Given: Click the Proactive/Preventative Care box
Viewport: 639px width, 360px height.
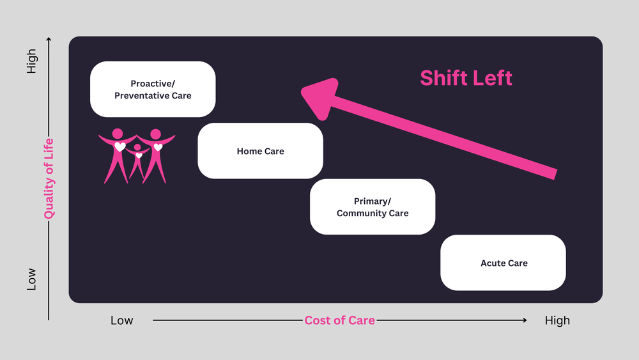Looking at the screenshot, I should (x=153, y=89).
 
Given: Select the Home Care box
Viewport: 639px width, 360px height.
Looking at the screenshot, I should (x=260, y=151).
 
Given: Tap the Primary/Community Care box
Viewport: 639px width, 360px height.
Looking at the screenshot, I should (x=373, y=207).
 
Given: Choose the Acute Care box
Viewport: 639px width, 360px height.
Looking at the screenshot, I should (x=504, y=263).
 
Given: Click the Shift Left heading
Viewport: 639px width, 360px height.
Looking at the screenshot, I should (x=466, y=78).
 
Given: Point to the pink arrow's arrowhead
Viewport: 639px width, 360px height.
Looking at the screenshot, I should (x=319, y=96).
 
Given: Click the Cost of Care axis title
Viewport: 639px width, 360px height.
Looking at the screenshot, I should (x=339, y=320).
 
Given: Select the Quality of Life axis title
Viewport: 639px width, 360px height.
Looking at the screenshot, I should (x=49, y=179).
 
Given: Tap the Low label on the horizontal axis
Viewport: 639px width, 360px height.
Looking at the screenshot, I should (x=122, y=320).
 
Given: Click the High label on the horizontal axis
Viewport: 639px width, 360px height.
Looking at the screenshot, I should (x=557, y=320).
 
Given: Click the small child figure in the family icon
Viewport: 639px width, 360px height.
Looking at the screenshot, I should (x=137, y=161).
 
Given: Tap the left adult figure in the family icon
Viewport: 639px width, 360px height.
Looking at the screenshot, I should (x=117, y=153).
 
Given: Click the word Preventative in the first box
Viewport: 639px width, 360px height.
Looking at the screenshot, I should (x=142, y=95).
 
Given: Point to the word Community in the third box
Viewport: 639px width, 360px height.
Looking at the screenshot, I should (x=362, y=213).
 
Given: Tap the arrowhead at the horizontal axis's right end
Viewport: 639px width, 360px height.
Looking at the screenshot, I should (x=525, y=320).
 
